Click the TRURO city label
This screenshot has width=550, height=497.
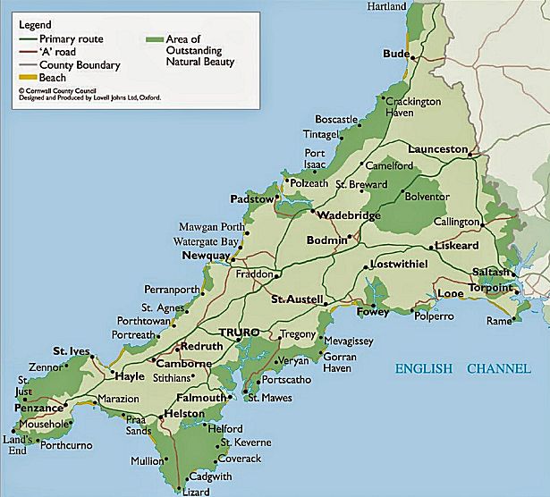click(x=239, y=330)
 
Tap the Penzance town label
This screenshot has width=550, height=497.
click(x=32, y=408)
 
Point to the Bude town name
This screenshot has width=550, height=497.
click(x=395, y=54)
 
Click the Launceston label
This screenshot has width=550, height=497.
click(x=438, y=148)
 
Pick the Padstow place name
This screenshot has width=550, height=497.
click(x=250, y=199)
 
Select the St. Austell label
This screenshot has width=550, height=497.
click(x=297, y=299)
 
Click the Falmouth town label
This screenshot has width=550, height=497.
click(x=202, y=398)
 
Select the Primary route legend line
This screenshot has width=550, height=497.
click(x=25, y=39)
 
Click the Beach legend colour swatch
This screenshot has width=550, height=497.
click(x=25, y=78)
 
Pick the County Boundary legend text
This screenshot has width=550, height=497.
click(x=79, y=65)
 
